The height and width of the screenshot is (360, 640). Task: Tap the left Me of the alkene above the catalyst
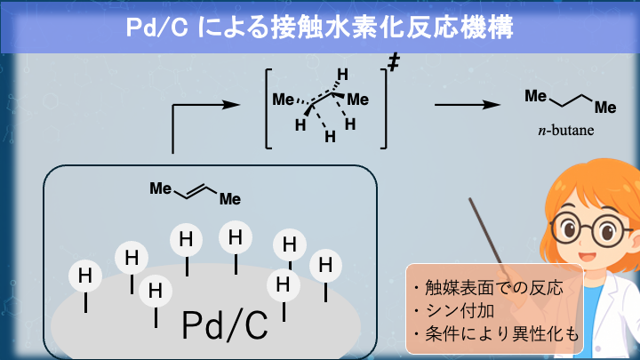[x=160, y=188]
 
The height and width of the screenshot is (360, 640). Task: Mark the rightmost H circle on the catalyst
[x=326, y=265]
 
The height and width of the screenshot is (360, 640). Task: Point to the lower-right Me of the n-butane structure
[x=605, y=108]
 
